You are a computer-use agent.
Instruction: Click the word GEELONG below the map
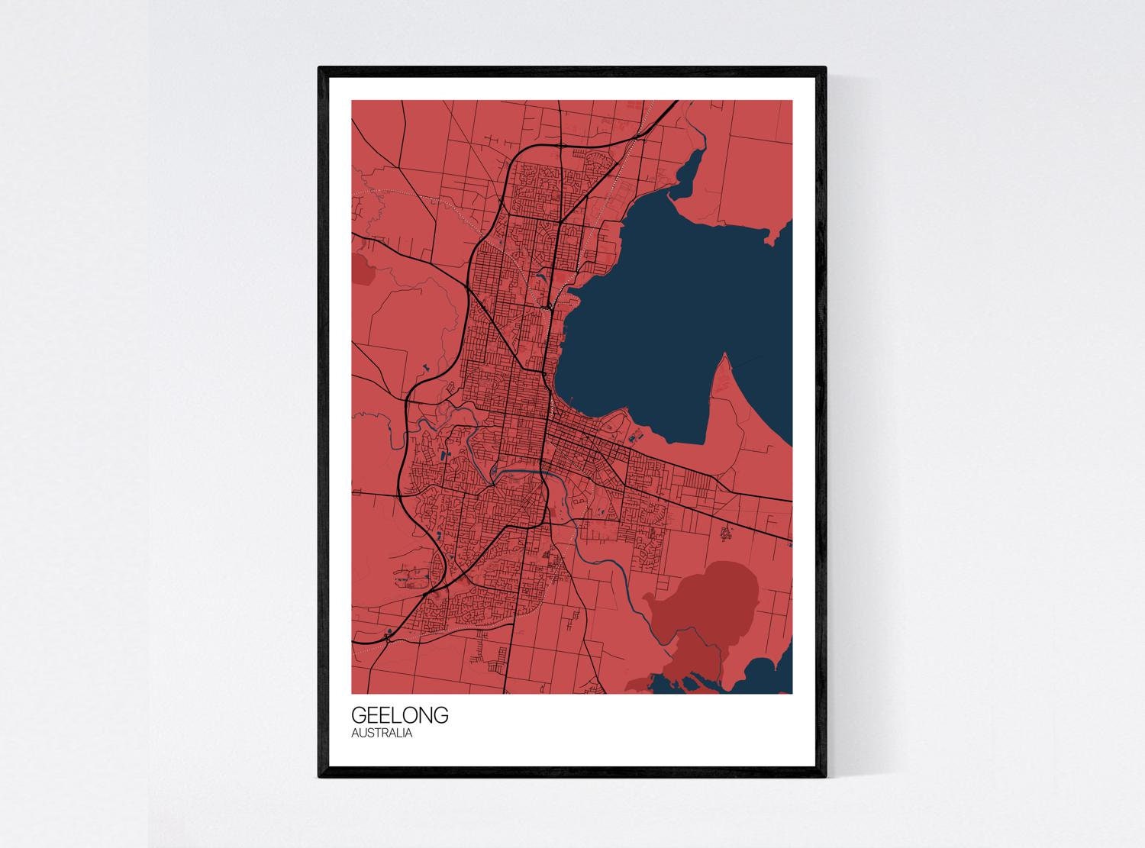pos(400,716)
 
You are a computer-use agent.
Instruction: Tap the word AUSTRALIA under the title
pos(382,734)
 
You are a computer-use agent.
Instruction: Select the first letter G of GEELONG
pos(359,716)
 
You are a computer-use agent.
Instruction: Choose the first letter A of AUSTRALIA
pos(355,734)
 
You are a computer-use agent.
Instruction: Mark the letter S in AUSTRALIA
pos(369,734)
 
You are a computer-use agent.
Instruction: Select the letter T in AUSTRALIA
pos(376,734)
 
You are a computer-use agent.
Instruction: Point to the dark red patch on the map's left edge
pos(360,267)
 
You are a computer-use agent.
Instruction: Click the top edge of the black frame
pos(572,69)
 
